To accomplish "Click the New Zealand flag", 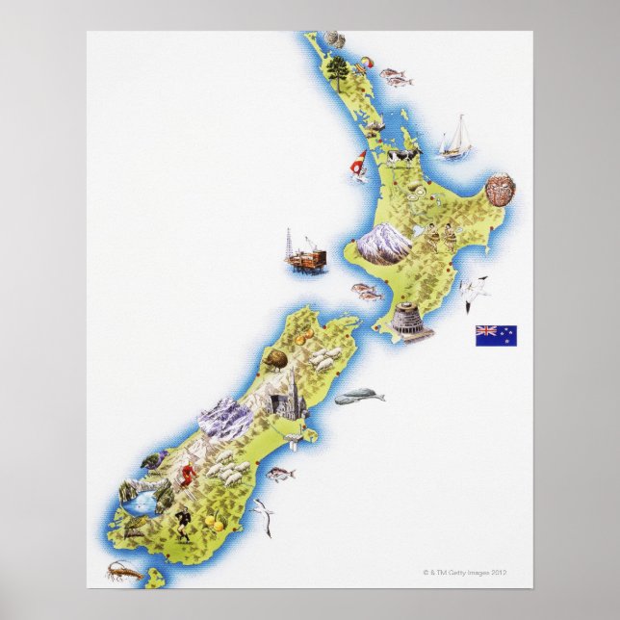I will click(x=495, y=335).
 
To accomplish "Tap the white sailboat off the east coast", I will click(x=456, y=137).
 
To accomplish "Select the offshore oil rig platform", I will click(x=303, y=252).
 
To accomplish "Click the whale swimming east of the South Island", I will click(x=358, y=395).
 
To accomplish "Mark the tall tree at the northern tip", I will click(x=337, y=69).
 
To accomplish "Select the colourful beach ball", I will click(x=364, y=66).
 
